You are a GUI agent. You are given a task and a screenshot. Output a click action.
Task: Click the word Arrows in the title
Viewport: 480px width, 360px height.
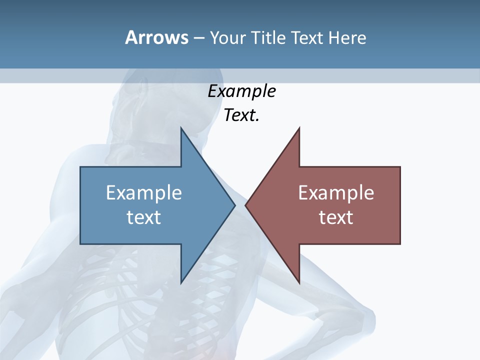156,37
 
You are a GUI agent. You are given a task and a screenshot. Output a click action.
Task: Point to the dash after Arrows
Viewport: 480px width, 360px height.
198,38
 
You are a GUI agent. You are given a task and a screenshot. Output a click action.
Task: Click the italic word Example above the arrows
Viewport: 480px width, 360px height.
241,91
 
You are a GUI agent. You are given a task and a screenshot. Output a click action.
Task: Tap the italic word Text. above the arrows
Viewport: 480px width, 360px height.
241,115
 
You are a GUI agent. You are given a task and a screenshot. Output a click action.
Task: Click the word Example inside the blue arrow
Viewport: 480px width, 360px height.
144,193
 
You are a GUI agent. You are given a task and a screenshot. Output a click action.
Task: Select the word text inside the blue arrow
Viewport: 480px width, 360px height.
144,217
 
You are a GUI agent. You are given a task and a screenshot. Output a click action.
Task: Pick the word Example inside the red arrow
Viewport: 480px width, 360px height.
336,193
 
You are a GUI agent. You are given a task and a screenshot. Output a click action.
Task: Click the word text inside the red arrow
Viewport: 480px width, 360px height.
336,217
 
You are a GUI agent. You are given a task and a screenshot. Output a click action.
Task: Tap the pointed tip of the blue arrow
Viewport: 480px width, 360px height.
234,205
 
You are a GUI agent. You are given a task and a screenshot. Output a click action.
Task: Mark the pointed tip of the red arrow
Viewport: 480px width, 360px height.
246,205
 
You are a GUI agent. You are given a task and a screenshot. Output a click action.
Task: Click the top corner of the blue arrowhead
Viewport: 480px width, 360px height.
181,128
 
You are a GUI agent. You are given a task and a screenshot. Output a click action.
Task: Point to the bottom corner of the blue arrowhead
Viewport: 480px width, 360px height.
181,282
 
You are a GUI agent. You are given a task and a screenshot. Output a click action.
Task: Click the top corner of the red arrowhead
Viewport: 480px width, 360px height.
299,128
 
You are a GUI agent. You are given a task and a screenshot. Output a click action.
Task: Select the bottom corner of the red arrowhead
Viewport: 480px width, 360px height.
299,282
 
